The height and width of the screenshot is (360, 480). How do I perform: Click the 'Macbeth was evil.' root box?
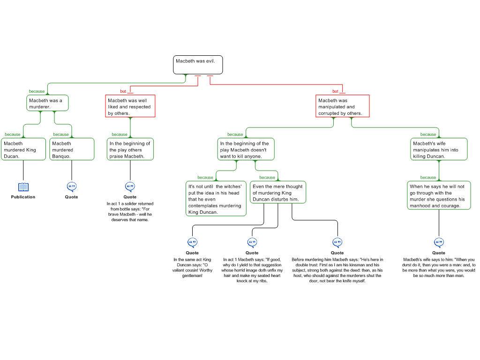tap(198, 65)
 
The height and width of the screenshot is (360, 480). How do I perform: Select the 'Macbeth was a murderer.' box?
tap(47, 103)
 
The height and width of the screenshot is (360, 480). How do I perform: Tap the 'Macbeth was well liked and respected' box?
tap(130, 106)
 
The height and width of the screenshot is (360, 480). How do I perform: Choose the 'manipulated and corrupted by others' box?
tap(342, 106)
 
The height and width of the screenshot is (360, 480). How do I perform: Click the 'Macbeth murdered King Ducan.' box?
tap(23, 150)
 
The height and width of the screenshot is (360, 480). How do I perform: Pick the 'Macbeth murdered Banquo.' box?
tap(72, 150)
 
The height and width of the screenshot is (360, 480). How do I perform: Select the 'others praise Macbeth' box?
tap(130, 150)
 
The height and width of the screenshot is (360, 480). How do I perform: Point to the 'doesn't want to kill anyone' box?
tap(246, 150)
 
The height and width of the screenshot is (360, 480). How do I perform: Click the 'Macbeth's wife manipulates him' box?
tap(439, 150)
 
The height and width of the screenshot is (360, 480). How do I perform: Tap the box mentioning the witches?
tap(216, 199)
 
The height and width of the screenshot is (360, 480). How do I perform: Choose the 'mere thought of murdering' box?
tap(277, 193)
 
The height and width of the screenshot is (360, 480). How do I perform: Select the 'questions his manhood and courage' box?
tap(439, 195)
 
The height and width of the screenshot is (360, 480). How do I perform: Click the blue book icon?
tap(23, 187)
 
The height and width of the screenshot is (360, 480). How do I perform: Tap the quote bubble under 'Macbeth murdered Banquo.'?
tap(72, 187)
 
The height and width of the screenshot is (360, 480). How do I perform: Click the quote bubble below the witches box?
tap(192, 242)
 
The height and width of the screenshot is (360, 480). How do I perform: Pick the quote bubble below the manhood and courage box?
tap(439, 242)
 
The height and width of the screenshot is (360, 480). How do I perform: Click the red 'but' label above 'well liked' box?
tap(123, 91)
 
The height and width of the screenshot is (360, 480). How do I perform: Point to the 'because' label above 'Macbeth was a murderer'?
tap(37, 91)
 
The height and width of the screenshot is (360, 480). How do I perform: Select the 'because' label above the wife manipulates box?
tap(428, 135)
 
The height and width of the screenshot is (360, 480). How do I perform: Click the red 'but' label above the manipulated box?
tap(335, 91)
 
